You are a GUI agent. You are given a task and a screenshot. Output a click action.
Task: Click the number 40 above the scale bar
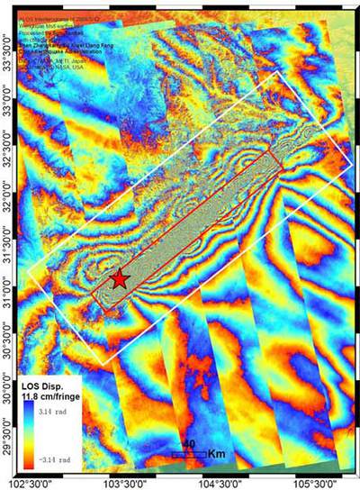189,444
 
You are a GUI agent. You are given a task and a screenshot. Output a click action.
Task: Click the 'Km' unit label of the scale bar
216,454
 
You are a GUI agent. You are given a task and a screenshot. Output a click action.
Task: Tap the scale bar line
189,456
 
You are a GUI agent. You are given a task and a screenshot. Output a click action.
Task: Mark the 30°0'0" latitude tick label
8,389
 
